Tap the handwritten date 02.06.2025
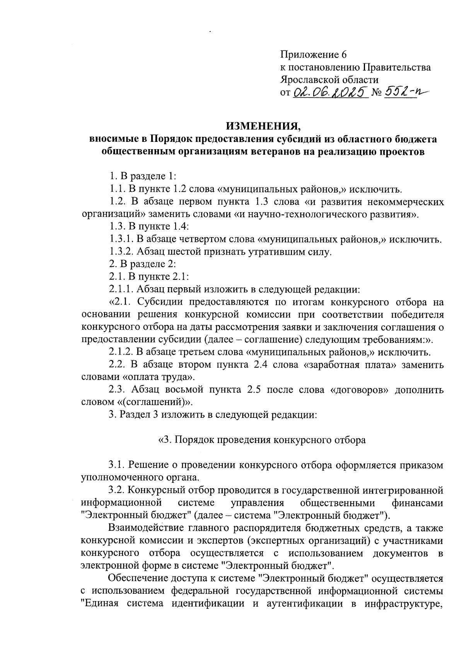tap(330, 92)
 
